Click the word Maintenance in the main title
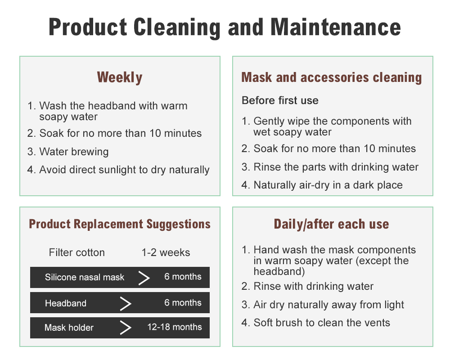point(336,27)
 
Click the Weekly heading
point(120,77)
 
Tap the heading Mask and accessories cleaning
point(332,77)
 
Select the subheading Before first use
point(280,100)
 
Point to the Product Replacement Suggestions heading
point(120,224)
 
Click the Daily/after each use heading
point(332,224)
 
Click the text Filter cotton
point(76,252)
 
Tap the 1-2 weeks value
point(166,252)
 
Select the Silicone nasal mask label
point(85,277)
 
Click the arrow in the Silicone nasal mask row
point(144,278)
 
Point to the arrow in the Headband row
point(126,303)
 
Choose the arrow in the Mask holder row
point(126,328)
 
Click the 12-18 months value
point(175,327)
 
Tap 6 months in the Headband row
point(183,302)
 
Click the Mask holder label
point(69,328)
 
